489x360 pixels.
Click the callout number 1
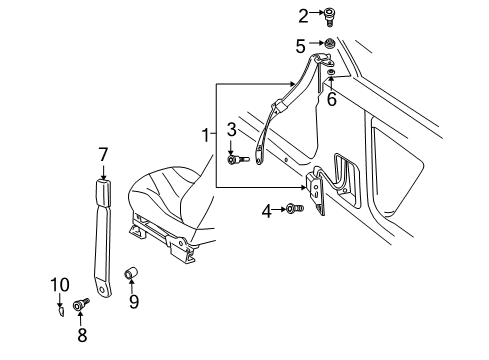pos(205,135)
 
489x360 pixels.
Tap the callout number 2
pos(303,15)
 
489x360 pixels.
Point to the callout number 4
pos(266,210)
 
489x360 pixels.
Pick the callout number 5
pos(301,46)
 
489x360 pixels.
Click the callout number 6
pos(331,98)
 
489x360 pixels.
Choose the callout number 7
pos(103,153)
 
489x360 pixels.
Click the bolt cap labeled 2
pos(329,16)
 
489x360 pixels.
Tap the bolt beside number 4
pos(292,209)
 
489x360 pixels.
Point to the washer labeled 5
pos(327,45)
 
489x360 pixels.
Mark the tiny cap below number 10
pos(59,309)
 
